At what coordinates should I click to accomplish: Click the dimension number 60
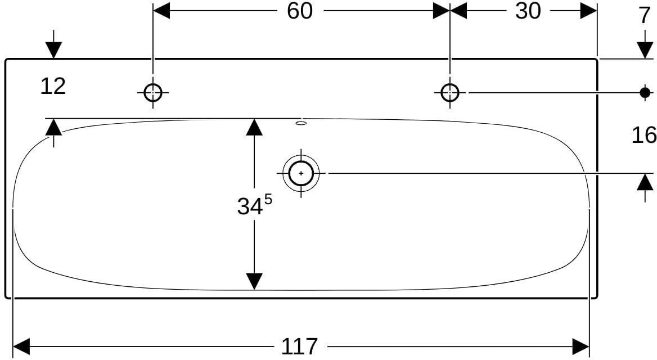point(300,11)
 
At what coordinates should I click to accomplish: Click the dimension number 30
point(528,11)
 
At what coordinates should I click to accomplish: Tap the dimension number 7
point(645,16)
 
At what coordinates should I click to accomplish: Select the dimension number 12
point(53,86)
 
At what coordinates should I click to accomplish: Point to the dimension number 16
point(644,136)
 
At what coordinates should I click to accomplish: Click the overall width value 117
point(299,346)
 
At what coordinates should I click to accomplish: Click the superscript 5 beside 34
point(268,200)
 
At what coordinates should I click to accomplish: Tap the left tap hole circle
point(153,93)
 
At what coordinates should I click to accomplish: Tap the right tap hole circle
point(450,93)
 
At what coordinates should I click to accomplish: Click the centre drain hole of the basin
point(301,173)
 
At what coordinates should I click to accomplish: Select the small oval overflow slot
point(301,123)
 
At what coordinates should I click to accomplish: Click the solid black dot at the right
point(645,92)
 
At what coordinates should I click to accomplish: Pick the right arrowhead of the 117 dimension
point(580,346)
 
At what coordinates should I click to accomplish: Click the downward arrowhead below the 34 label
point(254,281)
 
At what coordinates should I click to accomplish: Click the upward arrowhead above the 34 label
point(254,127)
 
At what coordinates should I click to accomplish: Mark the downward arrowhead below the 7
point(645,50)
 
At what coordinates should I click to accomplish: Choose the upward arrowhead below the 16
point(645,182)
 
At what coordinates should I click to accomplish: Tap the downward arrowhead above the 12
point(53,50)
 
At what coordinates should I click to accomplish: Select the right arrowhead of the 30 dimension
point(588,11)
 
